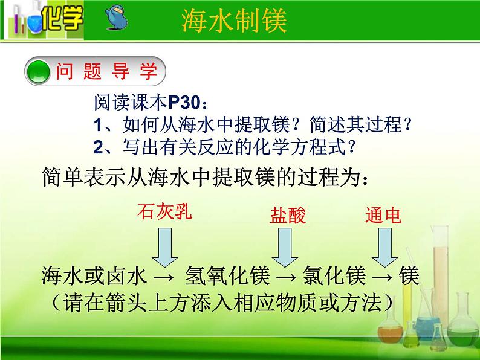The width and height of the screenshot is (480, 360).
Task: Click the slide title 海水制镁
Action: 234,21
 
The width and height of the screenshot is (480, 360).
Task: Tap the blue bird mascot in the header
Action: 117,18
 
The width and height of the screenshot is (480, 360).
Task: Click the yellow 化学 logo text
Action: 62,18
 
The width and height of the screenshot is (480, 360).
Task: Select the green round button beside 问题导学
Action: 38,71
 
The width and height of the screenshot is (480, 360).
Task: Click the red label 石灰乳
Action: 164,211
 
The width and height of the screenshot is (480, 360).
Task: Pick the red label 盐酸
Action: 288,215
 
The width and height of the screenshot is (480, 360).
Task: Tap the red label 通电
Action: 383,215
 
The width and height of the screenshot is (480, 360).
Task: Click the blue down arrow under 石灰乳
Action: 165,247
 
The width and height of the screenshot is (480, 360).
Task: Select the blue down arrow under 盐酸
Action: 285,247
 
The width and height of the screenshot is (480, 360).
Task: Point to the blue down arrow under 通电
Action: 385,247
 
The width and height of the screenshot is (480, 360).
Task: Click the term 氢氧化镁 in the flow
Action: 227,275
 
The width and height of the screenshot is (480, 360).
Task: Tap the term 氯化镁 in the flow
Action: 334,275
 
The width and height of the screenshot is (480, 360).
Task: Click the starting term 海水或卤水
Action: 94,275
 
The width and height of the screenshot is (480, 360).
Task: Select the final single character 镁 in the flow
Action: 409,275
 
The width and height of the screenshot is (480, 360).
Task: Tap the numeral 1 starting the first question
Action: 98,125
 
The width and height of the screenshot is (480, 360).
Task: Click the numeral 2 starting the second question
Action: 99,147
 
